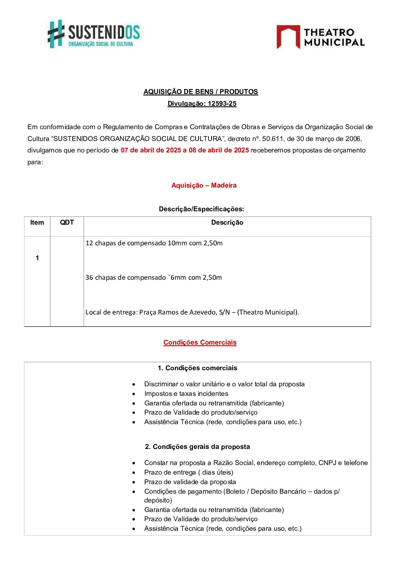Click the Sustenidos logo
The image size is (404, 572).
[94, 34]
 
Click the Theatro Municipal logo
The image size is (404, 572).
[320, 37]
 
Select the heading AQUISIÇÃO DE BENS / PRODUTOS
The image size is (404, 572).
[200, 92]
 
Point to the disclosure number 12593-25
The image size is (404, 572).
[222, 104]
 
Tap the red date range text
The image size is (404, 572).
[185, 150]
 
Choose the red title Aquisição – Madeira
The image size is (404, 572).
[204, 185]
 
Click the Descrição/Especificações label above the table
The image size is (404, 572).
[201, 209]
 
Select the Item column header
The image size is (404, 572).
[37, 223]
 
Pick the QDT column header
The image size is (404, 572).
[67, 223]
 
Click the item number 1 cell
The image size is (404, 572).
[37, 258]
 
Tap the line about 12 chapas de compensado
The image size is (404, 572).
[154, 243]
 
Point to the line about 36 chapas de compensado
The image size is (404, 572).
[154, 277]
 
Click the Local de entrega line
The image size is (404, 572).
[192, 312]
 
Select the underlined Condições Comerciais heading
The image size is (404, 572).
[200, 342]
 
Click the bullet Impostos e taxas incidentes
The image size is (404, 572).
[186, 394]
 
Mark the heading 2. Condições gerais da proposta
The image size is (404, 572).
[197, 447]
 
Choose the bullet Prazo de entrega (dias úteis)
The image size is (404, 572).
[189, 472]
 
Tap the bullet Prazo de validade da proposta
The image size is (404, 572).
[190, 482]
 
